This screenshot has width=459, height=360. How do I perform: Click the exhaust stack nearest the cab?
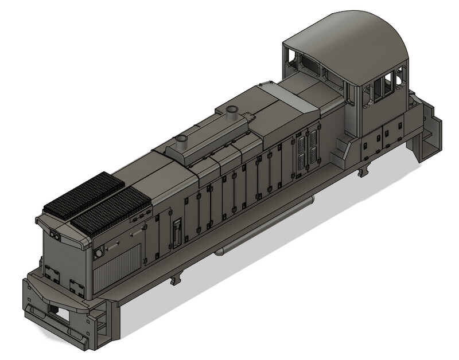click(232, 111)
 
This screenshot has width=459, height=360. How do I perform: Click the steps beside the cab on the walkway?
click(344, 148)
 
